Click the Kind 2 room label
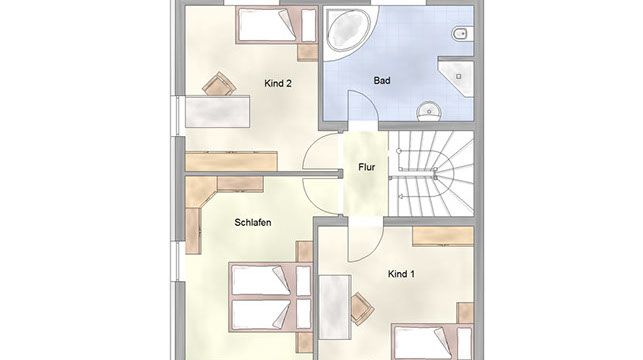click(x=278, y=84)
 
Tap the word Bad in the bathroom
click(x=382, y=80)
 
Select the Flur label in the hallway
click(x=367, y=167)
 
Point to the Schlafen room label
click(x=253, y=223)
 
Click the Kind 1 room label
click(x=401, y=274)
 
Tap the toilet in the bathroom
click(x=463, y=34)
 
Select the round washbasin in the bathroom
click(x=429, y=111)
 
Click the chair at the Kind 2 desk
click(x=219, y=84)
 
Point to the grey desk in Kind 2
click(x=217, y=111)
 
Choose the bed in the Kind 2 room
click(x=276, y=25)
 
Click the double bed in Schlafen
click(x=271, y=297)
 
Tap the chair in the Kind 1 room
click(x=362, y=308)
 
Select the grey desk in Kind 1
click(x=335, y=307)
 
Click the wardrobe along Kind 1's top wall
click(x=443, y=236)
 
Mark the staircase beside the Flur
click(x=431, y=173)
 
